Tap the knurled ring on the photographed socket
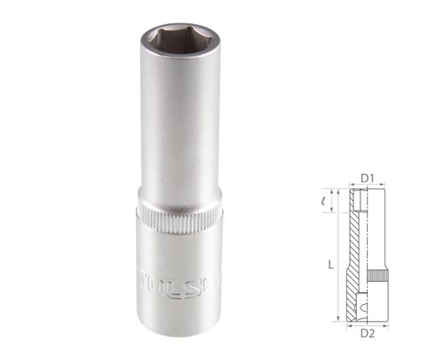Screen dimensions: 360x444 pos(180,221)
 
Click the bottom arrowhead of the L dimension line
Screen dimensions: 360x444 pos(339,316)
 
